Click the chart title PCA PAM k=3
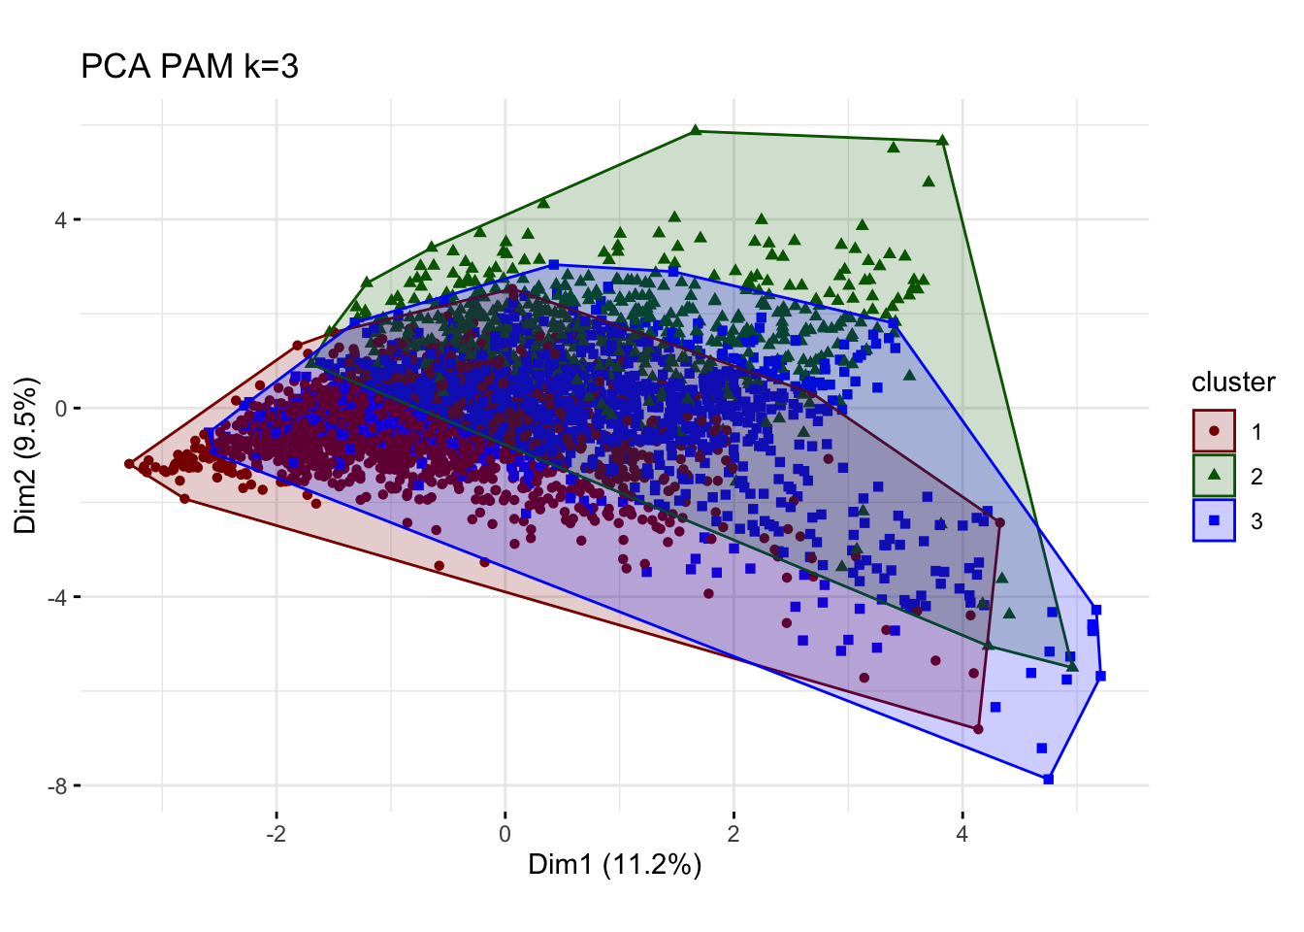pyautogui.click(x=189, y=66)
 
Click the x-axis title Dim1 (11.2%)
pyautogui.click(x=614, y=865)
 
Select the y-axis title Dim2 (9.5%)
pyautogui.click(x=26, y=454)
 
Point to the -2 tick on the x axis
pyautogui.click(x=277, y=834)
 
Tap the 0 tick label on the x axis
pyautogui.click(x=505, y=834)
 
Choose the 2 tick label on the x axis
pyautogui.click(x=733, y=834)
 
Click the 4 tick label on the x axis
pyautogui.click(x=962, y=834)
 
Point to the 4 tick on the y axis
pyautogui.click(x=60, y=219)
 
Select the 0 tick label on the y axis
pyautogui.click(x=60, y=408)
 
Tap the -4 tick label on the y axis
pyautogui.click(x=56, y=597)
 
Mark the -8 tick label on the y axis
pyautogui.click(x=56, y=785)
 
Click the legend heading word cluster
pyautogui.click(x=1233, y=383)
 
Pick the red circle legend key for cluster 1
pyautogui.click(x=1214, y=431)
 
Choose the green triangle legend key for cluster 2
pyautogui.click(x=1214, y=476)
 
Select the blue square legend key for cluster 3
pyautogui.click(x=1214, y=520)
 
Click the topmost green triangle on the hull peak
pyautogui.click(x=696, y=130)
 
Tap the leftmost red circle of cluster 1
pyautogui.click(x=129, y=464)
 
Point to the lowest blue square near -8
pyautogui.click(x=1048, y=779)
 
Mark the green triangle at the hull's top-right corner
pyautogui.click(x=942, y=141)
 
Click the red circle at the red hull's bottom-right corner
pyautogui.click(x=978, y=729)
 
